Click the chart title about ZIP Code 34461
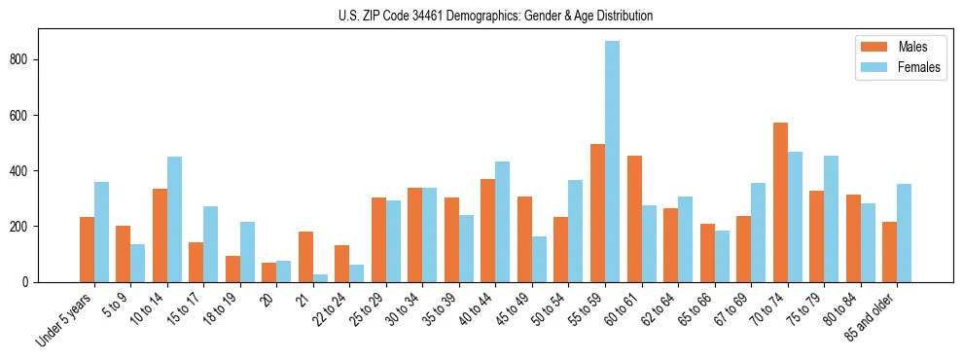(481, 16)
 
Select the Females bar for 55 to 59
(612, 162)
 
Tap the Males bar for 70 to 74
(780, 202)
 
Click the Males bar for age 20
(269, 272)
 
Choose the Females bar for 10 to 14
(174, 219)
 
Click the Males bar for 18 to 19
(232, 269)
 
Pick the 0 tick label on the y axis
(29, 282)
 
